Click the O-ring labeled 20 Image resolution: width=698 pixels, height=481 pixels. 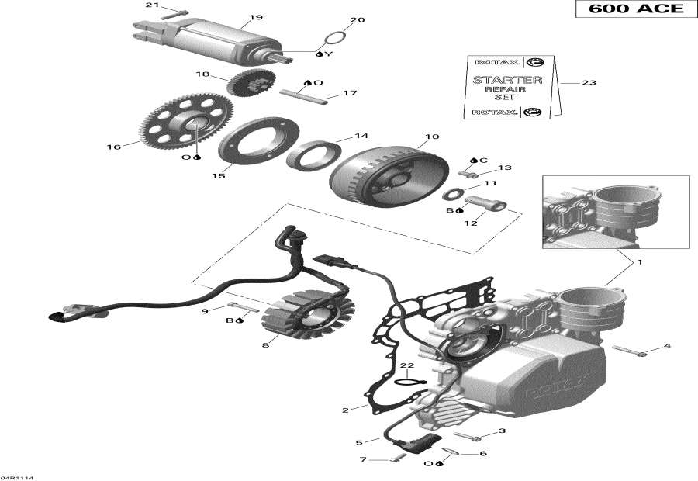click(333, 38)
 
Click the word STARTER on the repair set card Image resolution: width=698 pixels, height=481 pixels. click(508, 80)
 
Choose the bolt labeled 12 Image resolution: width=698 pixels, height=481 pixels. click(485, 206)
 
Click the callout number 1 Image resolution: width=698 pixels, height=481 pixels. click(639, 262)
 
